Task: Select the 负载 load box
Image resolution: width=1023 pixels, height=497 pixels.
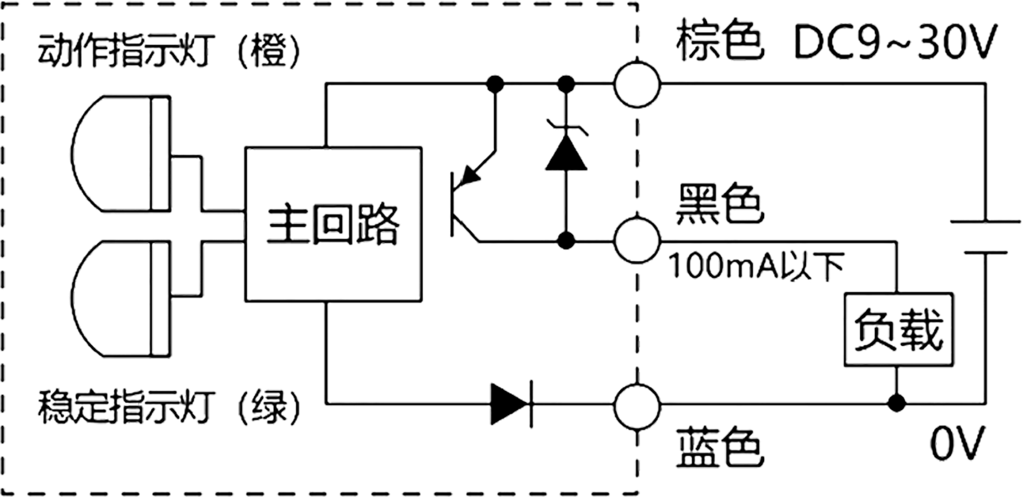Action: coord(897,330)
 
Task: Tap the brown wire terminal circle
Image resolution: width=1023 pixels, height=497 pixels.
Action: coord(637,82)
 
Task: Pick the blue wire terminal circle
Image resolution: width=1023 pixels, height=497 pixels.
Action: coord(637,404)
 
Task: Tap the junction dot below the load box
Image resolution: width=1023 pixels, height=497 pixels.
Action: coord(897,404)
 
